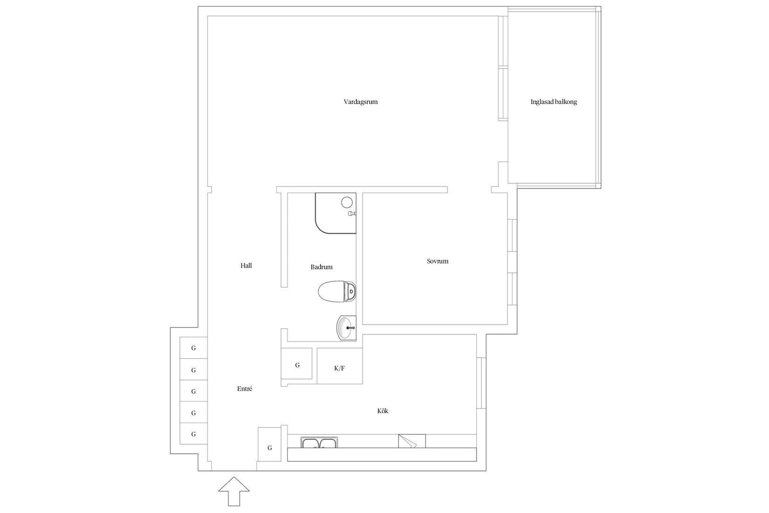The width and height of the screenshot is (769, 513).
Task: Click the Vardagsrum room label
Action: point(360,102)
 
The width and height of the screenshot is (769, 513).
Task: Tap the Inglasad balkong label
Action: point(553,102)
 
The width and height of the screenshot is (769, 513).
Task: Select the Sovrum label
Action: point(437,261)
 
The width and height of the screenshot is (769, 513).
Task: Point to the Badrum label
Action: point(322,267)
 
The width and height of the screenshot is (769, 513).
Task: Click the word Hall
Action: point(246,265)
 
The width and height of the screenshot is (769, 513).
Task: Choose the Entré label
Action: point(244,388)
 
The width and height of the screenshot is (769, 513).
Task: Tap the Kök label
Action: point(383,411)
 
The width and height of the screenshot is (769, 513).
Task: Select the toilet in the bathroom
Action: point(336,291)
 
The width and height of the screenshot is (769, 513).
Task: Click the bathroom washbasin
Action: point(346,327)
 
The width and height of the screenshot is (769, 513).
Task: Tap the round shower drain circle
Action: point(347,202)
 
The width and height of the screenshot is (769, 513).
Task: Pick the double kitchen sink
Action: point(319,443)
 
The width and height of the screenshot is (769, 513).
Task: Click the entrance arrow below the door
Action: point(234,490)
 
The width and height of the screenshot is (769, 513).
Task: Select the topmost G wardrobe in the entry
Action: point(193,348)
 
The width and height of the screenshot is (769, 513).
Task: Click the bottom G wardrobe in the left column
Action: point(193,434)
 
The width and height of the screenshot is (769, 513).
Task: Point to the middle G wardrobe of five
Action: point(193,391)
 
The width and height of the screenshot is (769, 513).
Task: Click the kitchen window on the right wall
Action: point(481,384)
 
